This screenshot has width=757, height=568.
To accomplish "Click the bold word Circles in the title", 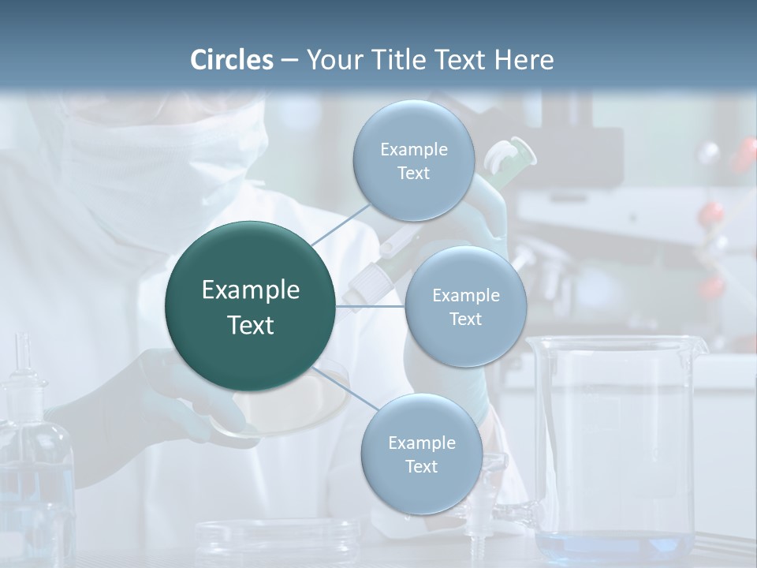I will click(232, 60).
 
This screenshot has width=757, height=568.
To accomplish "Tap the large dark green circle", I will click(251, 306).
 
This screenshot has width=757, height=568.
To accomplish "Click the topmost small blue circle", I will click(413, 161).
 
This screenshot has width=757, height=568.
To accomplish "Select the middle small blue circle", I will click(465, 306).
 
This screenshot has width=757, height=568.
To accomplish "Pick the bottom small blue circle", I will click(421, 454).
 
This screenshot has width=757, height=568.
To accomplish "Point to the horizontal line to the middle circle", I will click(371, 305).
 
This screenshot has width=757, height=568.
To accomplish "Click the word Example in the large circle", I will click(251, 290).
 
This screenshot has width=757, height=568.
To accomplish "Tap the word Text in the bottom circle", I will click(421, 467).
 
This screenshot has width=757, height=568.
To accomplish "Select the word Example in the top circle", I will click(413, 149).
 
